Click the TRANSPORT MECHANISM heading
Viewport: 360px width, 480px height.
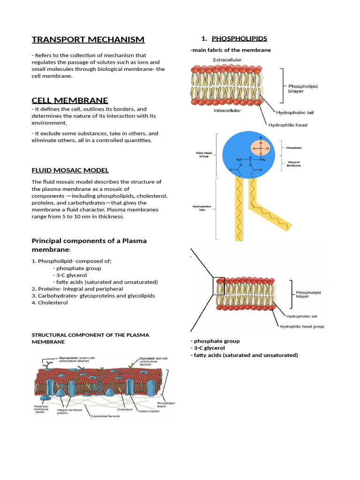(x=88, y=39)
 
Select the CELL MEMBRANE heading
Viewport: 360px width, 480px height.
(x=70, y=100)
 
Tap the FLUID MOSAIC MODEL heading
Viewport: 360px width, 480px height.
(x=70, y=170)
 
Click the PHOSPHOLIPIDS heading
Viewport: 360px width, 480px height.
(x=239, y=38)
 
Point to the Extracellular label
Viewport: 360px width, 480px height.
(x=227, y=60)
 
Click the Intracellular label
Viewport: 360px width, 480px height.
(x=227, y=111)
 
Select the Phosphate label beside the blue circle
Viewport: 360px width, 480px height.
(x=294, y=148)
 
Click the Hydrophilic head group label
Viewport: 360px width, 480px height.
(x=301, y=326)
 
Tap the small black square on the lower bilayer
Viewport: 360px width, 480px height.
(x=219, y=286)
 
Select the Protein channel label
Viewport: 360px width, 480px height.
(x=148, y=411)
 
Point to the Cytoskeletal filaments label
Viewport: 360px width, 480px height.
(x=105, y=416)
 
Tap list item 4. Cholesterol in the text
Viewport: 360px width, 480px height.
(x=50, y=303)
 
